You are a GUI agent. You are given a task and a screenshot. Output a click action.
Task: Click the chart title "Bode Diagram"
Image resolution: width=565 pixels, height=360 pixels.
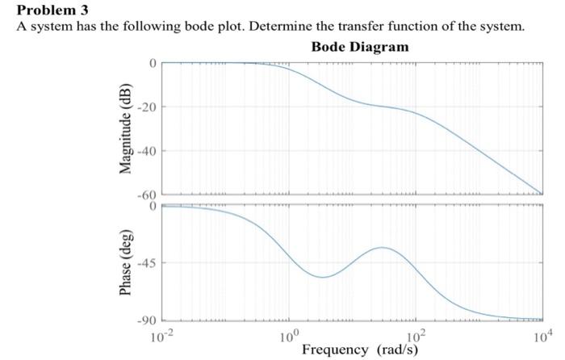[360, 47]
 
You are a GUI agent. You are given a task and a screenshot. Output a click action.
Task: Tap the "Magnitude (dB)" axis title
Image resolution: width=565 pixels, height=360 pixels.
[126, 128]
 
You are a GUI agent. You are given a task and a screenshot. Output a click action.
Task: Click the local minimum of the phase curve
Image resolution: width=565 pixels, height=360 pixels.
[322, 277]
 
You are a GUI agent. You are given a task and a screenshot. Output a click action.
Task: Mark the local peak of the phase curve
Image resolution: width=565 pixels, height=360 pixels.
[383, 247]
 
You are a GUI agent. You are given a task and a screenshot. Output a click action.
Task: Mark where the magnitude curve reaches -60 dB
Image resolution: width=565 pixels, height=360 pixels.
[541, 194]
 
